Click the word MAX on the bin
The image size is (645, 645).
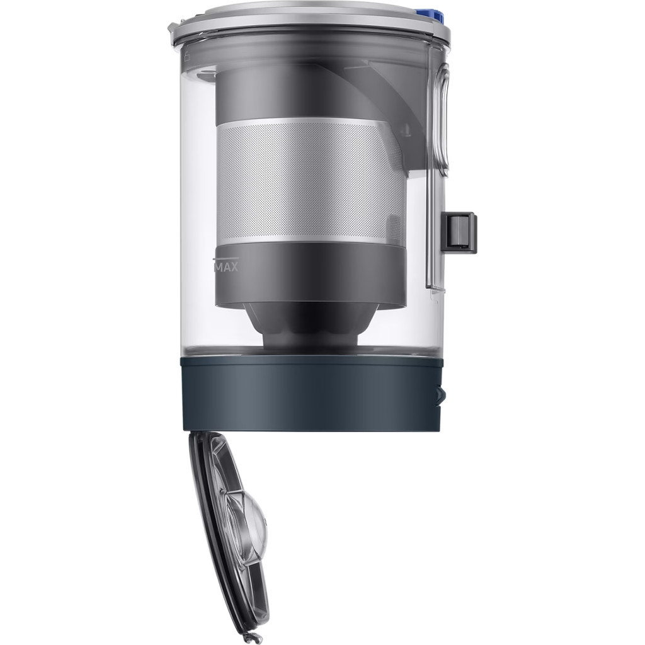click(x=227, y=267)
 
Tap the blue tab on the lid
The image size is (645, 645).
click(x=437, y=17)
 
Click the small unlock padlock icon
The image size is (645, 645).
click(x=186, y=56)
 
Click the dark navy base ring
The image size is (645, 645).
click(x=311, y=393)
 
